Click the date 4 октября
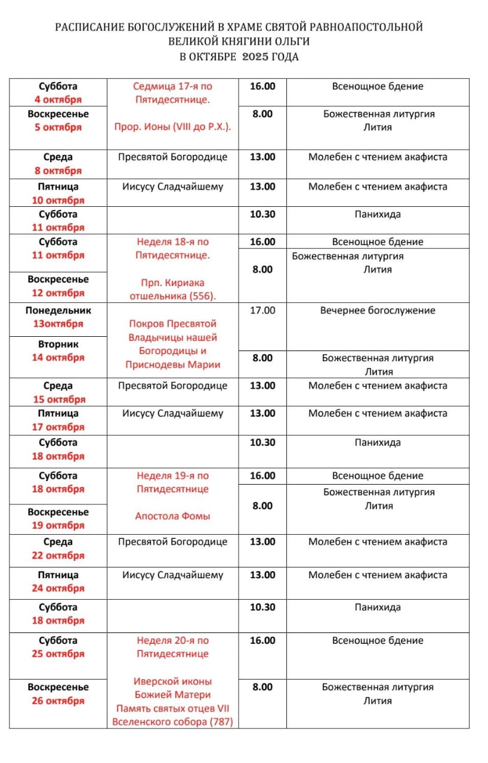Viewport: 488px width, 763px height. coord(58,100)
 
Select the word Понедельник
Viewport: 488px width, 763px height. coord(58,310)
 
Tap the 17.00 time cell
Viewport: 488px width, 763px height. coord(262,310)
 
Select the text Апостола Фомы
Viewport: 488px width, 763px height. coord(172,516)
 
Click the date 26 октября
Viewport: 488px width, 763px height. coord(58,700)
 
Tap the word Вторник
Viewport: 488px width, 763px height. coord(58,344)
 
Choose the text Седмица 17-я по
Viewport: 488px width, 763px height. coord(172,86)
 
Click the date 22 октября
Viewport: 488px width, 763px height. coord(58,555)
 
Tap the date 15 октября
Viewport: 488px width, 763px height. coord(58,399)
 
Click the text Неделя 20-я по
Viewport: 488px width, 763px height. coord(172,640)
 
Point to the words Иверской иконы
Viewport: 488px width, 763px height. coord(172,681)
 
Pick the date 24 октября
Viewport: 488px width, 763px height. coord(58,588)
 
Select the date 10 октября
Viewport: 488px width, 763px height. coord(58,200)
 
